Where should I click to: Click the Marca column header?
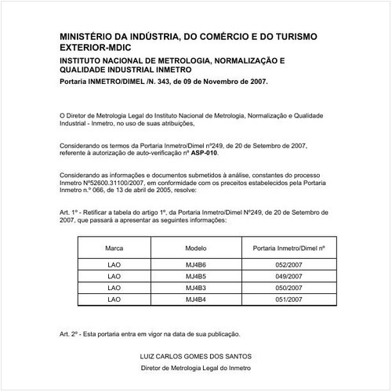[114, 247]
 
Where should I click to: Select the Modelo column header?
[195, 247]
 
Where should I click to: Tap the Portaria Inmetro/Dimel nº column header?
[290, 247]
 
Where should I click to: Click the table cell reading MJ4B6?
[195, 266]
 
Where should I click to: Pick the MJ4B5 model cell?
[195, 277]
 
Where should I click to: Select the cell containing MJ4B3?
[195, 289]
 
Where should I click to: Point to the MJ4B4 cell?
[195, 299]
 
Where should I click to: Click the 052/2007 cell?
[290, 266]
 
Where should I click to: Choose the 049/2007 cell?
[290, 277]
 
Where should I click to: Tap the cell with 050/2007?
[290, 289]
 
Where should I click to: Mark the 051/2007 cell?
[290, 299]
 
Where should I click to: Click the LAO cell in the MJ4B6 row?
[114, 266]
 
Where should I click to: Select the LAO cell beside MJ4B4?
[114, 299]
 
